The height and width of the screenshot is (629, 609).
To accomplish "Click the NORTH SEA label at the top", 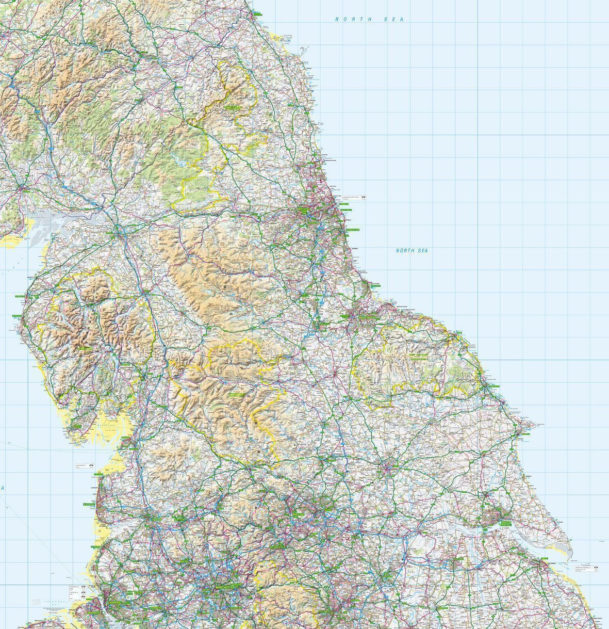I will tap(369, 19).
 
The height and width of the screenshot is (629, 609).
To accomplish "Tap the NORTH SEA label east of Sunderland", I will tap(412, 251).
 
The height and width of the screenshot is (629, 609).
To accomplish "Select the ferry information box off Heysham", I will tap(84, 465).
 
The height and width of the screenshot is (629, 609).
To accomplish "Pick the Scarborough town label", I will tap(492, 386).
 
